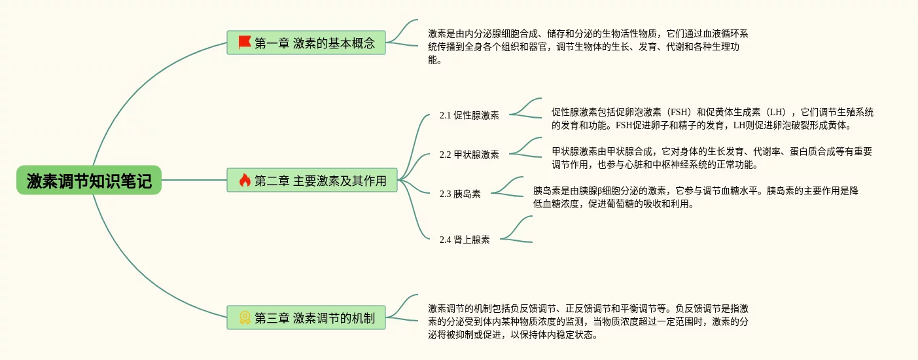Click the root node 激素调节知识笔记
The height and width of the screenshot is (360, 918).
[89, 181]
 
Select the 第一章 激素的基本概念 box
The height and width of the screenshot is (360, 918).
[306, 43]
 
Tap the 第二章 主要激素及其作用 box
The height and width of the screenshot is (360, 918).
[312, 180]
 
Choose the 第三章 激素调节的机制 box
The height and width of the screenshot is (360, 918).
[306, 318]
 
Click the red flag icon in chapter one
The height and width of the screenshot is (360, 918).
[245, 43]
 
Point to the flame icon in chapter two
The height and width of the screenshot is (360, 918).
[245, 180]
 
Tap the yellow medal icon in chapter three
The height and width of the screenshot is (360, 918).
[245, 318]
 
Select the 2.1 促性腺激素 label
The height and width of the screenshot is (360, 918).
[469, 115]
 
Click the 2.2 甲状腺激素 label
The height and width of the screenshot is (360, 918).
[469, 154]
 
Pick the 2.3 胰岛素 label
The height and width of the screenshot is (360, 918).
[460, 194]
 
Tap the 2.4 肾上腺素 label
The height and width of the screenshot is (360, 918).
[465, 240]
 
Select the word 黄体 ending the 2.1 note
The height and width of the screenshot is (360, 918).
[837, 125]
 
